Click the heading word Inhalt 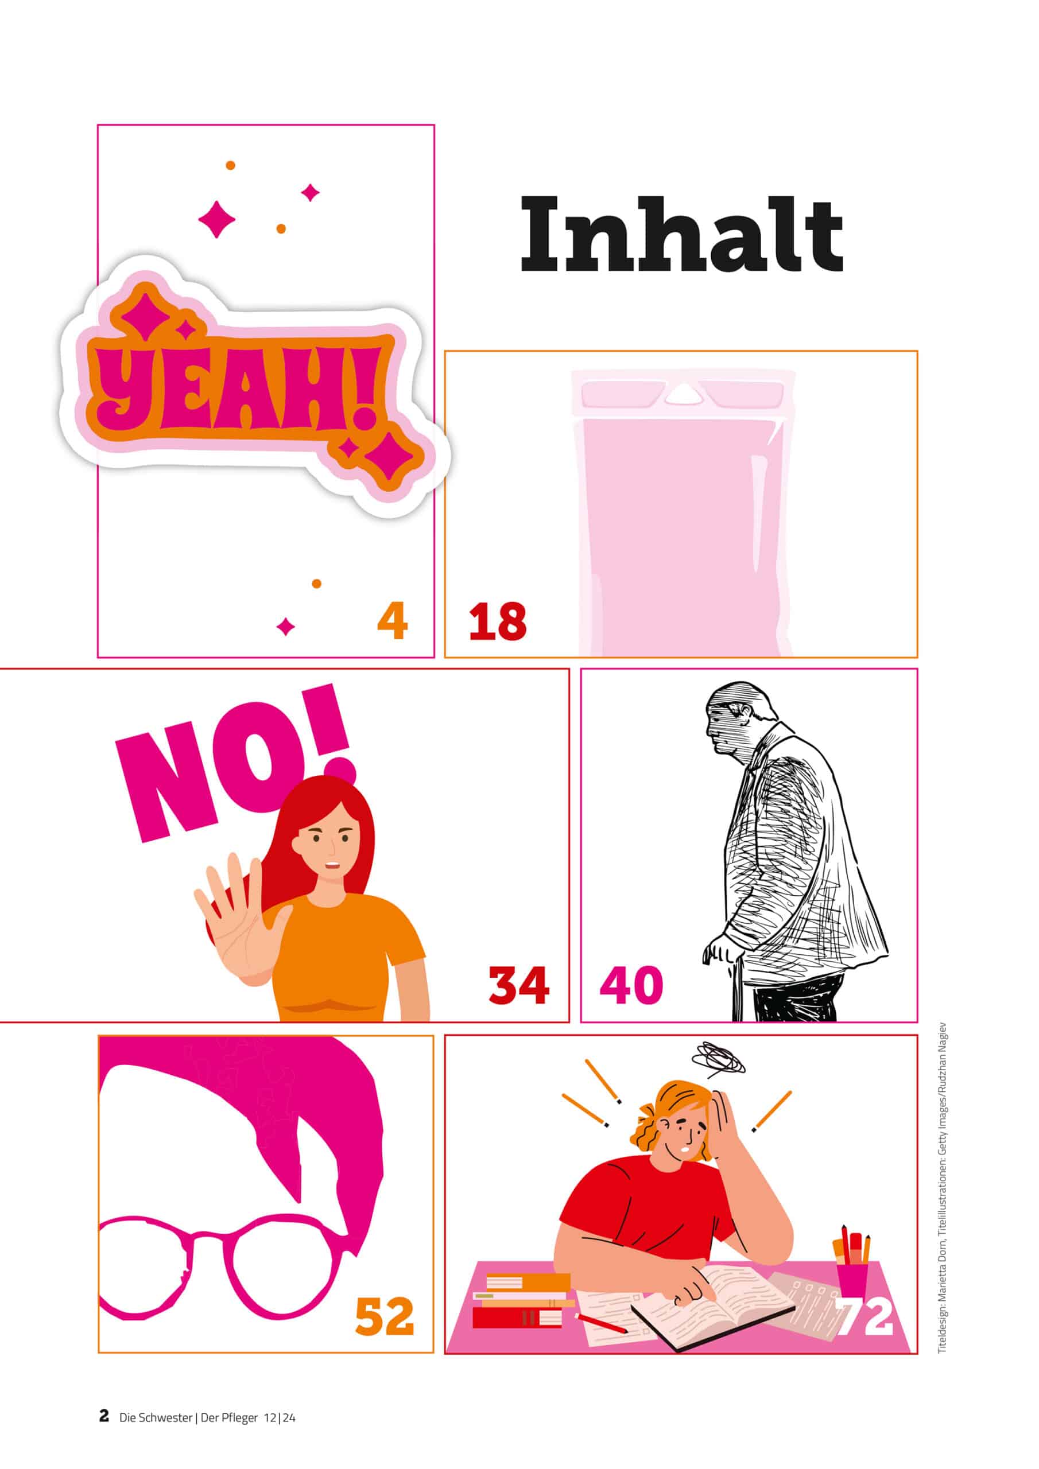coord(681,234)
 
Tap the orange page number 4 coord(393,621)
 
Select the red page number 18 coord(498,621)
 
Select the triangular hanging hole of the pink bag coord(683,397)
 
